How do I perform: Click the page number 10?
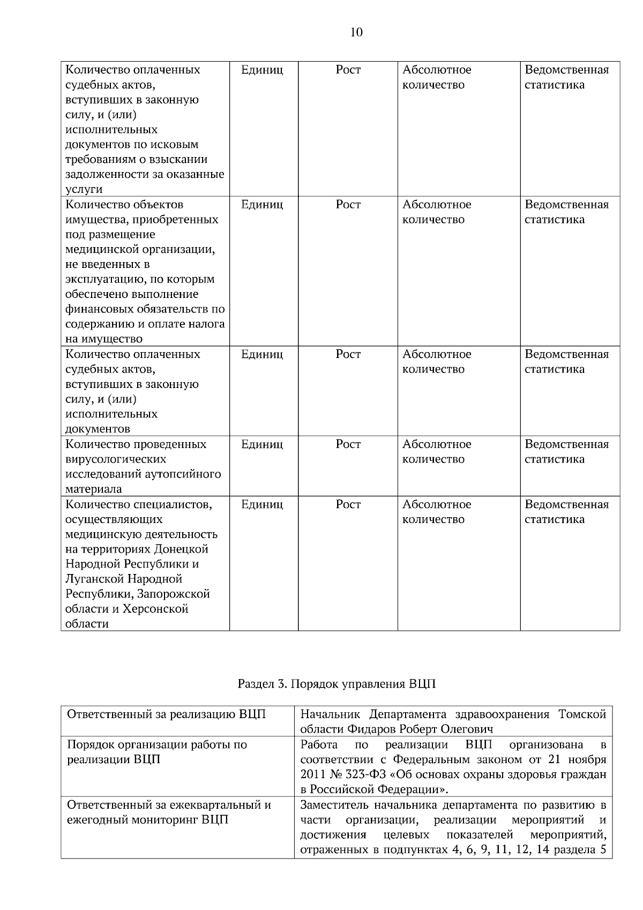click(356, 33)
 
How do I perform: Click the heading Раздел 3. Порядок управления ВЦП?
click(337, 684)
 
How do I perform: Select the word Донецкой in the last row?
click(181, 549)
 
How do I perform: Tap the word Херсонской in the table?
click(156, 609)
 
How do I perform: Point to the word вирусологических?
click(116, 459)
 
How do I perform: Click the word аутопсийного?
click(183, 474)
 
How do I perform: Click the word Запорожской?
click(174, 594)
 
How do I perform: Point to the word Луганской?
click(94, 579)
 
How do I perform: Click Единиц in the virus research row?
click(262, 444)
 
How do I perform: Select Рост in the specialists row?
click(348, 504)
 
